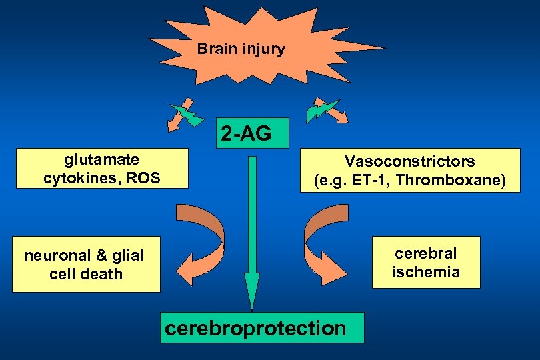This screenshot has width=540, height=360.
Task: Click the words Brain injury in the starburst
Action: click(241, 49)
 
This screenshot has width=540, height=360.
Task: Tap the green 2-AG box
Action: click(246, 134)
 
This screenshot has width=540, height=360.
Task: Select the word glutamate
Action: click(101, 159)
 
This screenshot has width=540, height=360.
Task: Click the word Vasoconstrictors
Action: click(409, 161)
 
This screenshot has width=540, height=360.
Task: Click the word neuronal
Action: click(54, 255)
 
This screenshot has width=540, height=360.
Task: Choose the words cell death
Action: click(86, 274)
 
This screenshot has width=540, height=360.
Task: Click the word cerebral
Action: click(425, 253)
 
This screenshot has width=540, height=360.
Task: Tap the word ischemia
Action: click(425, 272)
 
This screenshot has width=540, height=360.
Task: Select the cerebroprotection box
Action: click(262, 328)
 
